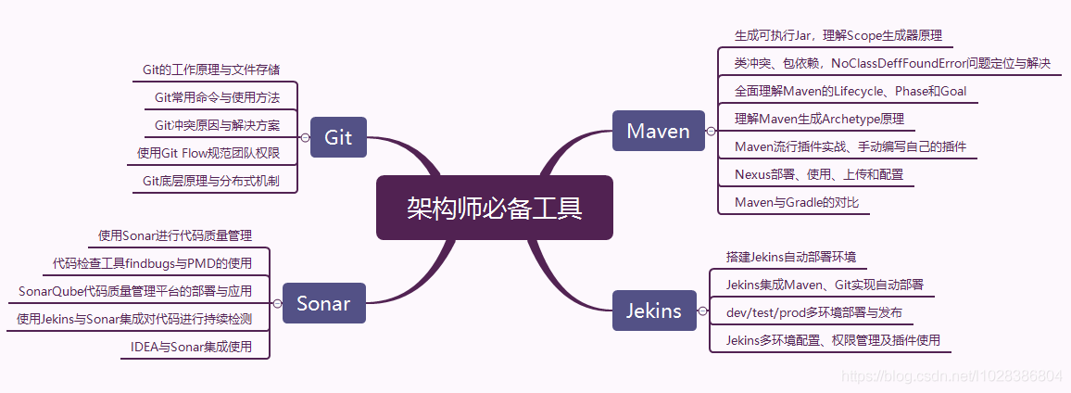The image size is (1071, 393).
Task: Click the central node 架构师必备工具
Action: tap(494, 208)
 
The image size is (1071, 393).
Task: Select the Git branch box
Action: tap(338, 137)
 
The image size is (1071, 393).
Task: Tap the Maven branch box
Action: tap(658, 131)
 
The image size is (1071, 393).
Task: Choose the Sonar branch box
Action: tap(323, 303)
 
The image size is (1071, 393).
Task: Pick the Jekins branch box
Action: tap(654, 311)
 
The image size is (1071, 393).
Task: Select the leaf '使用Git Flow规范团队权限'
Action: tap(208, 153)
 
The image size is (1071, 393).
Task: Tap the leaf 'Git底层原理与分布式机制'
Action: tap(212, 182)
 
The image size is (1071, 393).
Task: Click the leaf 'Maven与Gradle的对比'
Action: tap(794, 202)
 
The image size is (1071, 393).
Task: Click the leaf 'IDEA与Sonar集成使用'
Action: tap(192, 347)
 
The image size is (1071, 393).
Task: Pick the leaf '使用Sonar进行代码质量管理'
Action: tap(175, 235)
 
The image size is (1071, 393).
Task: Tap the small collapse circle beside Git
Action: tap(305, 137)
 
